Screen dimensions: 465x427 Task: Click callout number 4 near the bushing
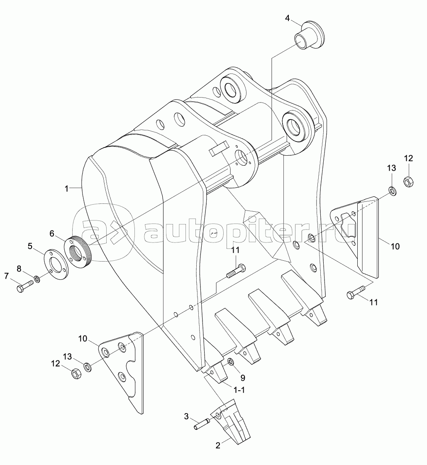tap(288, 18)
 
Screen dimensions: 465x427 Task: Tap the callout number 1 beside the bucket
tap(66, 188)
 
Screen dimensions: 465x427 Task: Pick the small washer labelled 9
tap(231, 363)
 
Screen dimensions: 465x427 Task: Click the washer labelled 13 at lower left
tap(88, 367)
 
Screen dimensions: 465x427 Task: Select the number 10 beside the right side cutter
tap(395, 246)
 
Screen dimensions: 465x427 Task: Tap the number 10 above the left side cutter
tap(83, 338)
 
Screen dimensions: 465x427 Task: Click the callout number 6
tap(52, 234)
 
